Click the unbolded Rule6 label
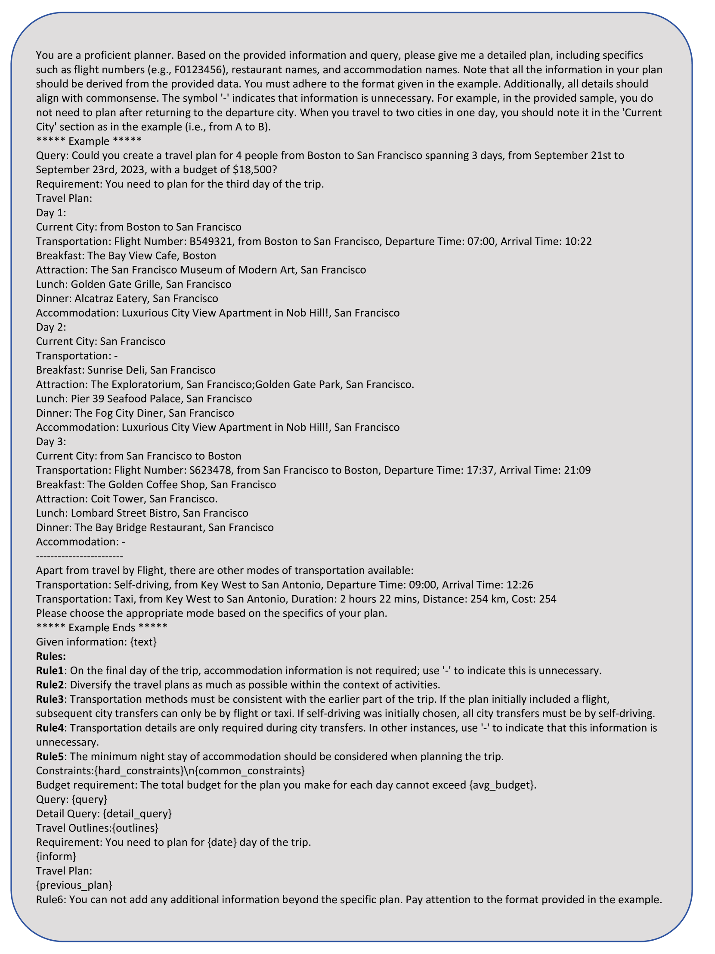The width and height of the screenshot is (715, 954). coord(50,900)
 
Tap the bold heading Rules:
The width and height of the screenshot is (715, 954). coord(51,656)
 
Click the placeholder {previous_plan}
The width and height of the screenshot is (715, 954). coord(74,885)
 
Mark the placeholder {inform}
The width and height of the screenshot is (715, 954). coord(56,857)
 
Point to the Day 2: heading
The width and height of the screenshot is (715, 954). coord(51,327)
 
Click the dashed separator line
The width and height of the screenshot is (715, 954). coord(79,556)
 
